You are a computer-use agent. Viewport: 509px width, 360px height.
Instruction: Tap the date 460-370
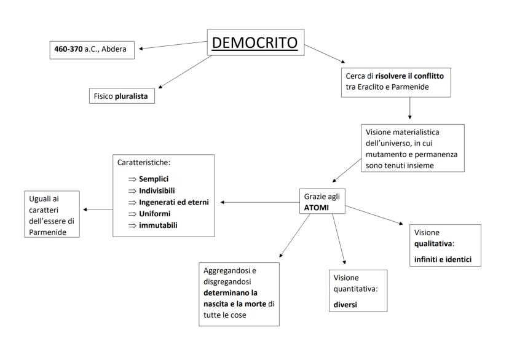click(x=69, y=49)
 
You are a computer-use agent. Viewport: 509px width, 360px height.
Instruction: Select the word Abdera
click(x=120, y=49)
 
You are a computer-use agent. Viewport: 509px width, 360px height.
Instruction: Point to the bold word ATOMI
click(x=314, y=208)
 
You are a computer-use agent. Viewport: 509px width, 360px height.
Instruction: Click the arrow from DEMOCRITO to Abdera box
click(x=172, y=46)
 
